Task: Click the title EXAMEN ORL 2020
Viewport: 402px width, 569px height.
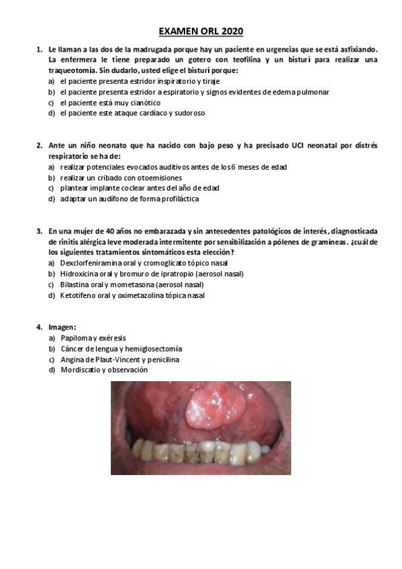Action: click(201, 31)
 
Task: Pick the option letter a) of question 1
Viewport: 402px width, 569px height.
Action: click(52, 81)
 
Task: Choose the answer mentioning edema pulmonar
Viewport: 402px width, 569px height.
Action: click(194, 92)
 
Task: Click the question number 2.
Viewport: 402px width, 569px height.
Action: click(39, 145)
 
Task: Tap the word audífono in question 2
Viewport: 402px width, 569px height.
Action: click(106, 199)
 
